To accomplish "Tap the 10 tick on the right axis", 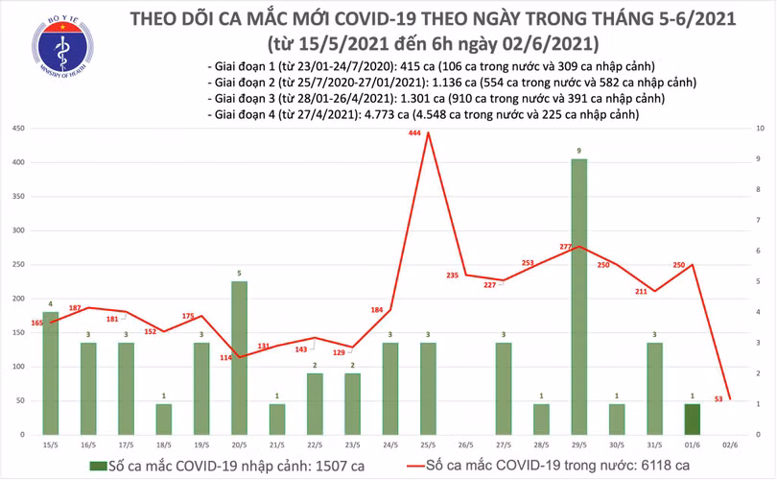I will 761,129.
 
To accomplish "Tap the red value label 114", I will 225,358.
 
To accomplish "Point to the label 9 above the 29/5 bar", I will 578,151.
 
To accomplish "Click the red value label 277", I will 565,247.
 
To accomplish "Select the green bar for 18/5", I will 163,419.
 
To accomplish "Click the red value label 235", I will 453,276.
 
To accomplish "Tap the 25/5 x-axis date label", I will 428,445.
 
